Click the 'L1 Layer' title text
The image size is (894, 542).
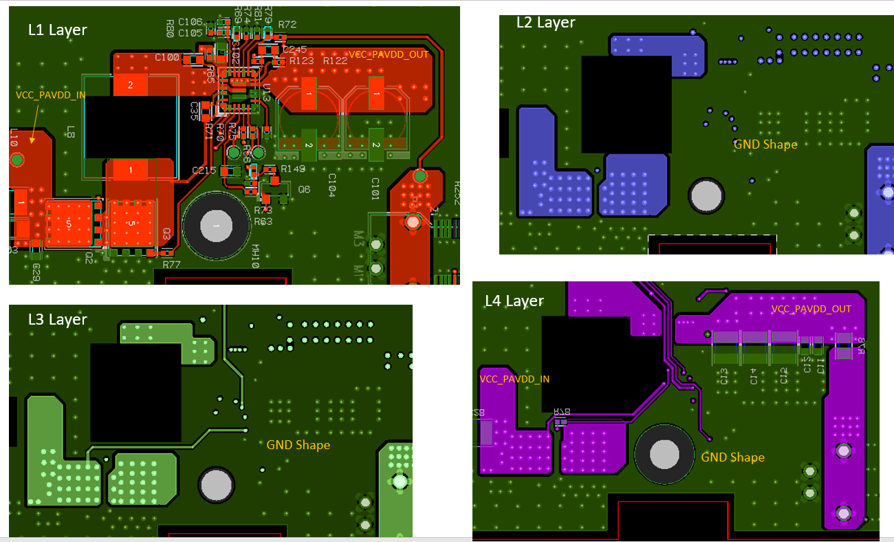tap(57, 30)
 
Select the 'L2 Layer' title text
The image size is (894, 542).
tap(545, 23)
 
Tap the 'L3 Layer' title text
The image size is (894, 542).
tap(57, 320)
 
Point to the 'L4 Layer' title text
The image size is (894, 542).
tap(514, 301)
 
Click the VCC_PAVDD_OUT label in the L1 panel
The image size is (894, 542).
tap(389, 54)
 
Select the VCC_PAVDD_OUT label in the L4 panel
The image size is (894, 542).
tap(811, 310)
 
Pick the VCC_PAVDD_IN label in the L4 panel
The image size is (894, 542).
tap(514, 379)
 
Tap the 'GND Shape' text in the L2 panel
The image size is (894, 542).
tap(765, 144)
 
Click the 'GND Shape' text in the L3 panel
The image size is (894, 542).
tap(298, 445)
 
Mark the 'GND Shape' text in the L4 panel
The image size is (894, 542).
tap(732, 457)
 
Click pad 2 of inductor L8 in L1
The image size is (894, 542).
tap(131, 85)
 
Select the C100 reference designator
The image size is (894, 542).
tap(166, 57)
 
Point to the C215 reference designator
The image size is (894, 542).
tap(204, 170)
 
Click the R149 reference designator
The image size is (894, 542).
tap(292, 169)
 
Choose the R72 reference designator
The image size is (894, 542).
tap(287, 25)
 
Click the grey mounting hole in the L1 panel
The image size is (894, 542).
tap(216, 226)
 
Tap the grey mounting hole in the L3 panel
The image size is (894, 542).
tap(216, 486)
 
